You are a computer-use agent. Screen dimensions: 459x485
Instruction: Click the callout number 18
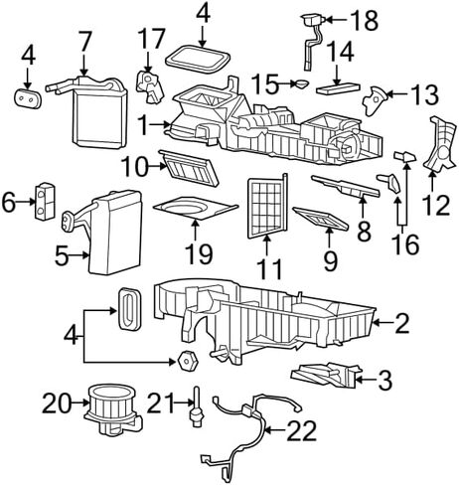click(x=365, y=20)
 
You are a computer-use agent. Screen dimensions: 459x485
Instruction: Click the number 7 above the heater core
click(x=84, y=43)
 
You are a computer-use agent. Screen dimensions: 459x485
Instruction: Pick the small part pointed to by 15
click(x=301, y=84)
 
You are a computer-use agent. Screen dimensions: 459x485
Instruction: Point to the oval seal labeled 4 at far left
click(x=28, y=98)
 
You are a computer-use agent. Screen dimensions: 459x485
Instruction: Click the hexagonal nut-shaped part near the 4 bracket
click(x=188, y=360)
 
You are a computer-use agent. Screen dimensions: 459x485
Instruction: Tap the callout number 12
click(x=436, y=205)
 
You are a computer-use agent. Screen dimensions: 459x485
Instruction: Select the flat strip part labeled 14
click(x=338, y=89)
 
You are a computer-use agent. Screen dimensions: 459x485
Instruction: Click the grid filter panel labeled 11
click(x=267, y=207)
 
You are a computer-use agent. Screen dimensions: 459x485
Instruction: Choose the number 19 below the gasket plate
click(x=199, y=253)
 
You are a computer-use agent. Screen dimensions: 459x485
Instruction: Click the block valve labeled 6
click(x=45, y=201)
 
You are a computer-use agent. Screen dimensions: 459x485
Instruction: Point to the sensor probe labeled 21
click(x=197, y=406)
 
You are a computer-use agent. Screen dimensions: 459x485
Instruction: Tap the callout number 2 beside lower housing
click(x=402, y=324)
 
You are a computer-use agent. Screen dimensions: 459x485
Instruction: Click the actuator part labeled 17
click(x=150, y=85)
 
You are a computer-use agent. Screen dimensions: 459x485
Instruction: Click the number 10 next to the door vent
click(x=135, y=167)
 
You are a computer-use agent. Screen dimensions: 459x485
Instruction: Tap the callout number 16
click(x=405, y=244)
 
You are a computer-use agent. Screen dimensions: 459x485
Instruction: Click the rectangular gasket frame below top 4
click(x=198, y=60)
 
